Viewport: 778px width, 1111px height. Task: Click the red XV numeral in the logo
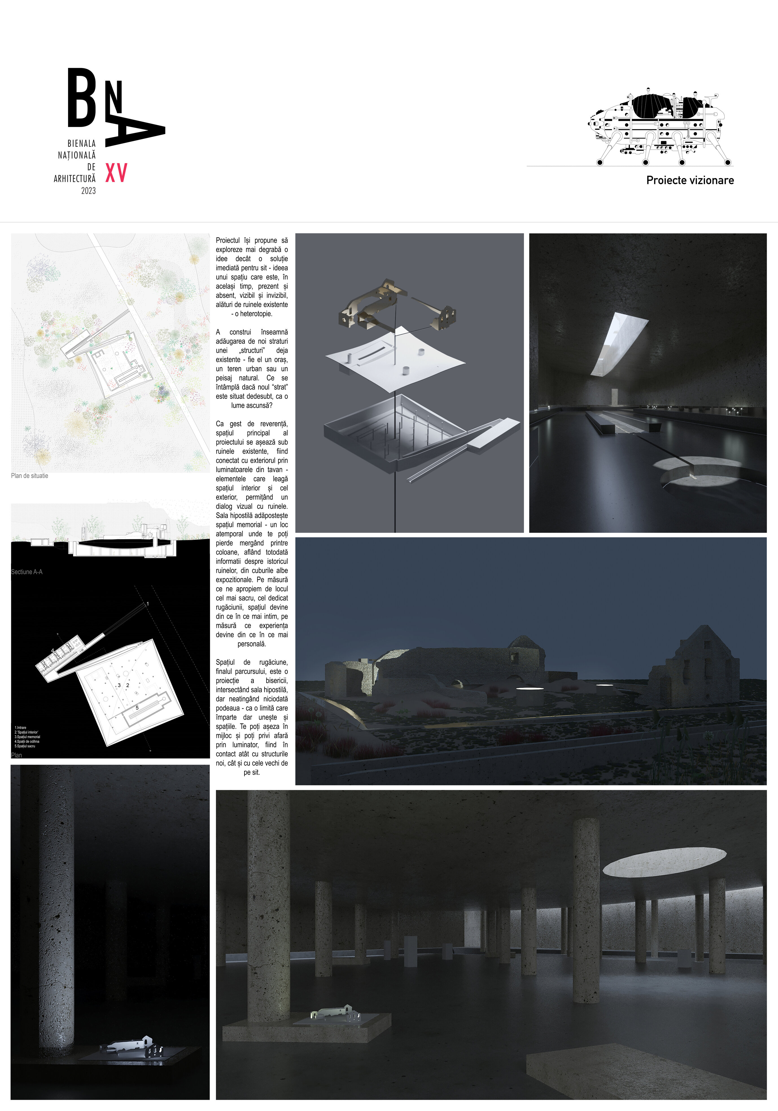click(x=116, y=173)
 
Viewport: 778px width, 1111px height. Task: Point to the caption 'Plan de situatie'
click(x=30, y=476)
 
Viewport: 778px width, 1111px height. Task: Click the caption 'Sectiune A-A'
click(x=27, y=572)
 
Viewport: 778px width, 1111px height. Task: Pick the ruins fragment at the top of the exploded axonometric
click(x=373, y=305)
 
